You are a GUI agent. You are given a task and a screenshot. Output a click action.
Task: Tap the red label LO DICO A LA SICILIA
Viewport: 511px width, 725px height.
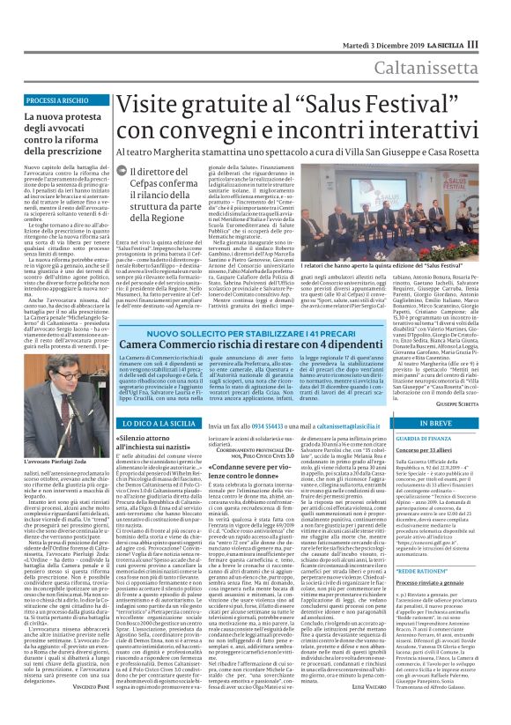click(159, 424)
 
